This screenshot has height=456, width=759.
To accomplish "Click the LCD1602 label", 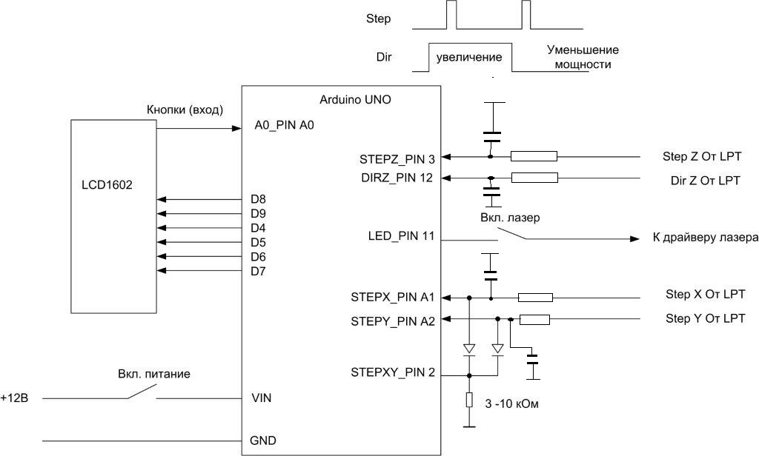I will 107,185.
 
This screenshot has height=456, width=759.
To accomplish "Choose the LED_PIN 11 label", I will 400,238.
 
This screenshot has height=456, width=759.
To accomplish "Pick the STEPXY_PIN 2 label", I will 392,372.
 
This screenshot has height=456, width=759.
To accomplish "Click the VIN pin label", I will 262,398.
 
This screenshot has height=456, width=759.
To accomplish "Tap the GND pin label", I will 264,440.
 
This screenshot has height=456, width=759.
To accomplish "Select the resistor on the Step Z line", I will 534,156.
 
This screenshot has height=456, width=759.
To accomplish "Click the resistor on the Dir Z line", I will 534,178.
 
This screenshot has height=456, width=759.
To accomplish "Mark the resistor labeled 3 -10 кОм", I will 468,400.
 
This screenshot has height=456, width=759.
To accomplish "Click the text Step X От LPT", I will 703,295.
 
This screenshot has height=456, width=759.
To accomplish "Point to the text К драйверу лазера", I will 705,238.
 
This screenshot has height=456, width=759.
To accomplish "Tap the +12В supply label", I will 15,398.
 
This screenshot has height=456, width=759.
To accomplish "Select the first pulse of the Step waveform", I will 451,16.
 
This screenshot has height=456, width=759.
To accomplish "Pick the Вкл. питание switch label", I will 153,375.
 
